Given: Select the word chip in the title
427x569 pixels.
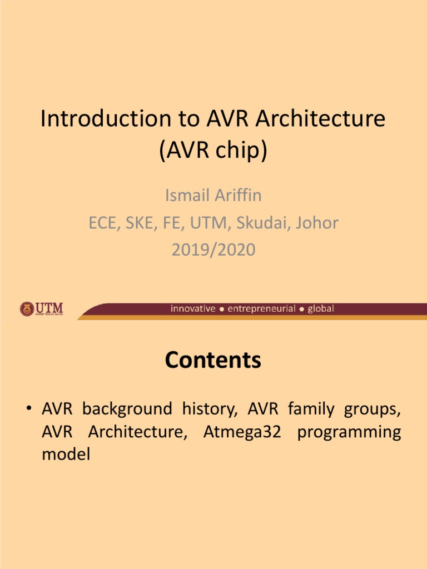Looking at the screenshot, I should [240, 151].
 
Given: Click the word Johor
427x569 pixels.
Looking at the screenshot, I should [317, 223].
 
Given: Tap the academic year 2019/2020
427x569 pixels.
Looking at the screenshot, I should [213, 249].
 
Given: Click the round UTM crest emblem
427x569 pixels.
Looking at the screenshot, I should [27, 308].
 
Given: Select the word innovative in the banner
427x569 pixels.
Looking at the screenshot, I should [192, 308].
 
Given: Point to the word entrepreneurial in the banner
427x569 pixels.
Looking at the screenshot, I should [261, 308].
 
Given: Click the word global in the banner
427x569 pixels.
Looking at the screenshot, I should [321, 308].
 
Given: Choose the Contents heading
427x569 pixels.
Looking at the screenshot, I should [213, 361].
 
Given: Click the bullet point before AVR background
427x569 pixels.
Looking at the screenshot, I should [28, 410].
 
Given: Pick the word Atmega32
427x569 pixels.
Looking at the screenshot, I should [242, 432].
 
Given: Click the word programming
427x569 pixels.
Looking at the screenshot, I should [349, 432].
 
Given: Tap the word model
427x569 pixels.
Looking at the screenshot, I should [66, 454].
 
